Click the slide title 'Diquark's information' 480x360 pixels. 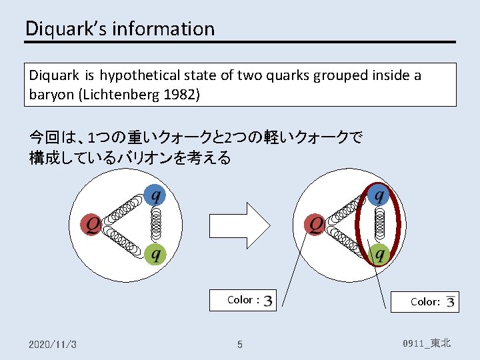120,29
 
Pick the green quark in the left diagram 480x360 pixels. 154,254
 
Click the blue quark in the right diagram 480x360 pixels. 378,195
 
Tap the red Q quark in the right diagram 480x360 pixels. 315,225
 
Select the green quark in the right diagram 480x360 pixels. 378,254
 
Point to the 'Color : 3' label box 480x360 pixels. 243,300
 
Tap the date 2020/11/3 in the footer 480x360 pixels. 53,344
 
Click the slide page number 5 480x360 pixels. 240,345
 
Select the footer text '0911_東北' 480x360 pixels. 427,343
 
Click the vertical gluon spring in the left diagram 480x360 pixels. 157,225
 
